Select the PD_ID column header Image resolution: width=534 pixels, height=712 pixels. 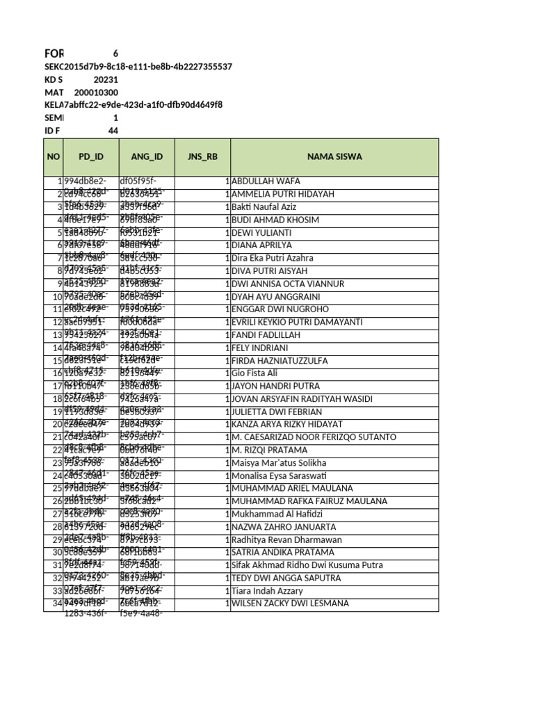(x=90, y=156)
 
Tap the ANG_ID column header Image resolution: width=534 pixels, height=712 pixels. (x=147, y=156)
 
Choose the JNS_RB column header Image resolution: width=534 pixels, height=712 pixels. (x=202, y=156)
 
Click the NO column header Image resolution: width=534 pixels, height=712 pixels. (x=54, y=156)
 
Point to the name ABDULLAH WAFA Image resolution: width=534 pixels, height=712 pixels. (x=266, y=181)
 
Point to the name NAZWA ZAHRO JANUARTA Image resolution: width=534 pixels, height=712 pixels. (x=283, y=527)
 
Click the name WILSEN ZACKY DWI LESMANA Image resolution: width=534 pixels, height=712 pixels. (x=290, y=604)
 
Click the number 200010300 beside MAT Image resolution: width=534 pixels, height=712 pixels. (x=96, y=92)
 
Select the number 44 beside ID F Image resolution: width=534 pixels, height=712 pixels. (x=113, y=131)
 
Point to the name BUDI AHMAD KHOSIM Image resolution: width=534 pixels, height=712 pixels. (x=275, y=220)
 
